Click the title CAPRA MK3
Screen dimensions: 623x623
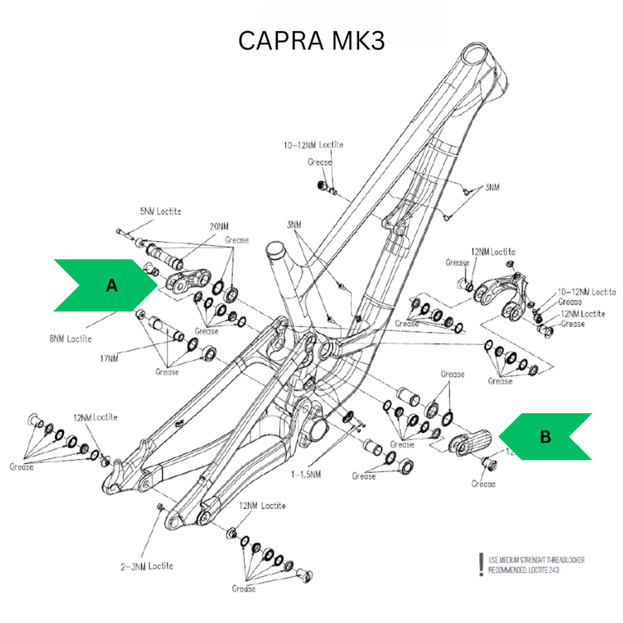point(311,40)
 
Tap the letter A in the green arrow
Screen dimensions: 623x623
point(112,285)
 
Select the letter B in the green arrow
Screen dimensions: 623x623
point(545,437)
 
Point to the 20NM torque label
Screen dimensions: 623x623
point(218,226)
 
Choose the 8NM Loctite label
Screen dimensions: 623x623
point(68,338)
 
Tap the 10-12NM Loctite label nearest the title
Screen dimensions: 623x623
point(313,145)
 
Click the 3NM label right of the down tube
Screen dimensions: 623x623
point(492,187)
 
